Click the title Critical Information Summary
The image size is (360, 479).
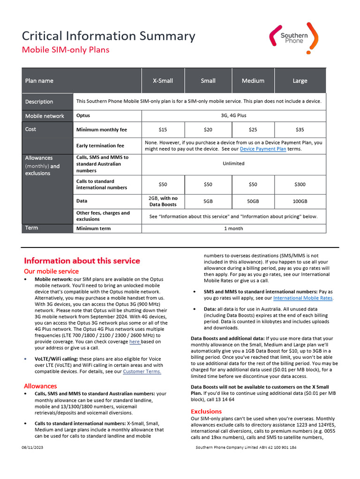109,36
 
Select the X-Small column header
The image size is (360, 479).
163,81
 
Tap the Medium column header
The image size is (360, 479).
253,81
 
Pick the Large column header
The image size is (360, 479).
300,81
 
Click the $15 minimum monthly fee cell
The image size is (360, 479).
163,130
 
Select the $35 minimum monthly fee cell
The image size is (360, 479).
300,130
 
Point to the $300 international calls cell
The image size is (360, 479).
300,184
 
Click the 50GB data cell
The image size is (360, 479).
253,201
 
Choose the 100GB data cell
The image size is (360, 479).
300,201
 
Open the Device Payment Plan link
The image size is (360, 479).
262,149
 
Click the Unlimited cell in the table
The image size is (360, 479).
233,164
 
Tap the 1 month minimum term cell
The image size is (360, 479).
233,228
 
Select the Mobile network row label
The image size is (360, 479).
45,116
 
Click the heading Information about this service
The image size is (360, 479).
82,261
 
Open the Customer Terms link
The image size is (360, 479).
142,371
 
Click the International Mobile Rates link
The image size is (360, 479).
303,298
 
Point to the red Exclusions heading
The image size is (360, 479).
206,411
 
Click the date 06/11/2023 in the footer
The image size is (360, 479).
32,448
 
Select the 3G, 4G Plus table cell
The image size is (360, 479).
233,116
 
